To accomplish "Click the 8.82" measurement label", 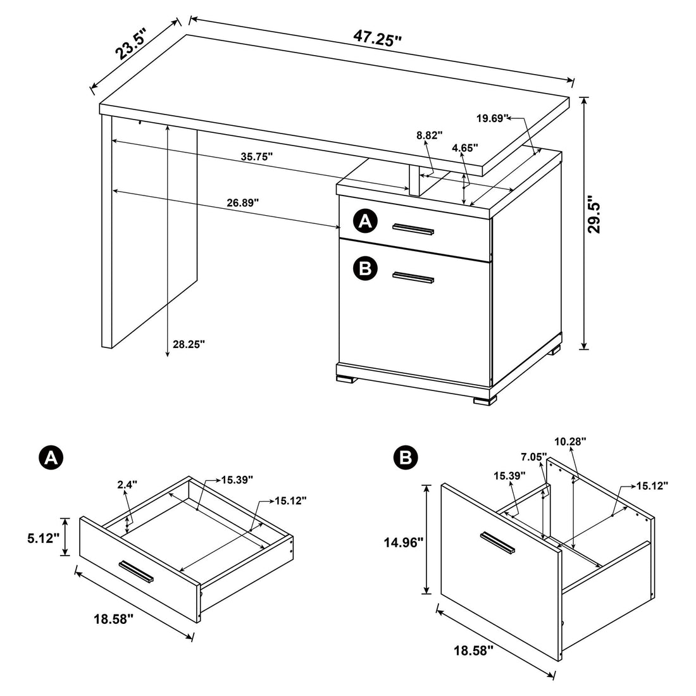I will point(430,135).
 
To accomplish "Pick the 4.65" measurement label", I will point(464,147).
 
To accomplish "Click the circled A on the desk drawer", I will point(364,221).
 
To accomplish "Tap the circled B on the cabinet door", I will point(364,269).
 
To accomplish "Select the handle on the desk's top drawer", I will point(413,228).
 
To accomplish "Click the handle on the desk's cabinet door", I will point(413,277).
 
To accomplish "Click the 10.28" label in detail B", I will point(571,441).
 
